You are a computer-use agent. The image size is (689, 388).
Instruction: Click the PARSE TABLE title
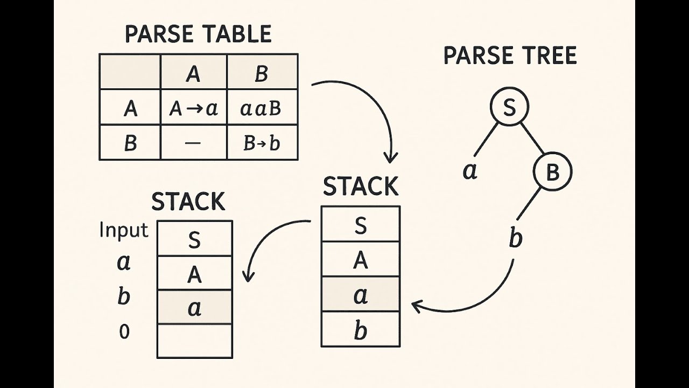coord(198,34)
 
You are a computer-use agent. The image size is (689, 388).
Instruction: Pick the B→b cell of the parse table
coord(262,143)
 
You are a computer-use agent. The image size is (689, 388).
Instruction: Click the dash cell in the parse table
coord(194,143)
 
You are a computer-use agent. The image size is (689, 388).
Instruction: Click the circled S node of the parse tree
coord(509,107)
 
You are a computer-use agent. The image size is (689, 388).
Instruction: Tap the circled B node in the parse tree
coord(552,172)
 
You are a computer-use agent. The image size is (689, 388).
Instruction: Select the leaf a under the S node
coord(470,171)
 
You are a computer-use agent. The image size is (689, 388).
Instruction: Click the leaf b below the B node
coord(515,238)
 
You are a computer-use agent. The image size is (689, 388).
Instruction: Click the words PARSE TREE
coord(510,56)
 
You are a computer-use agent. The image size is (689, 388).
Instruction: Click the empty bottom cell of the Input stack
coord(194,341)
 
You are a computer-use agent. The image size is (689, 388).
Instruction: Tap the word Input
coord(124,230)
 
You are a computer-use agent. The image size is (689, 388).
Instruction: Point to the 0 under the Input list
coord(124,332)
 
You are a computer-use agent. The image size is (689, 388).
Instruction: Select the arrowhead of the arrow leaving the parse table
coord(391,157)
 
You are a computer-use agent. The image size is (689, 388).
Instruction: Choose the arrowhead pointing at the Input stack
coord(248,276)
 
